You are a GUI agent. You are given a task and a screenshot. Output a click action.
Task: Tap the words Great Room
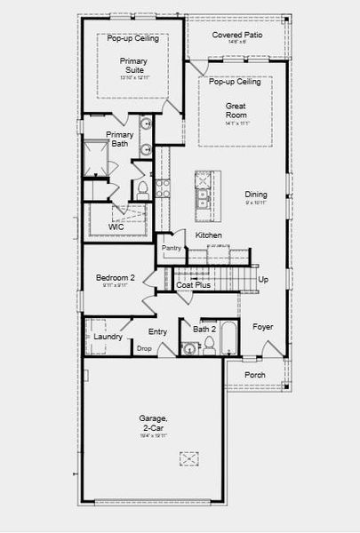click(235, 109)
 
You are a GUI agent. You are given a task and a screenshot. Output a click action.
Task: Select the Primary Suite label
click(133, 66)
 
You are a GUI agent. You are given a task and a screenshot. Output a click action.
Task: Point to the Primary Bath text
click(119, 139)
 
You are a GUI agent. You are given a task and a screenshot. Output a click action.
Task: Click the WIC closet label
click(116, 227)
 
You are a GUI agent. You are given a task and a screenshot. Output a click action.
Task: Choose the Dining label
click(256, 195)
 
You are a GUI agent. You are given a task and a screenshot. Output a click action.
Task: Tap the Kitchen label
click(209, 235)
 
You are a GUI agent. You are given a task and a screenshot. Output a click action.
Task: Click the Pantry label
click(171, 249)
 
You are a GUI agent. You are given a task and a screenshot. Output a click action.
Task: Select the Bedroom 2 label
click(115, 278)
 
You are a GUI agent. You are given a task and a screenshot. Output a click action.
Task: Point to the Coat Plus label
click(193, 285)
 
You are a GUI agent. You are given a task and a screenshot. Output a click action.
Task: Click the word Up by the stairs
click(262, 279)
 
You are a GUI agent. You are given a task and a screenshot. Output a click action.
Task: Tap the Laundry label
click(108, 336)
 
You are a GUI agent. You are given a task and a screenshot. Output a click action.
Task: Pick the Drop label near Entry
click(144, 348)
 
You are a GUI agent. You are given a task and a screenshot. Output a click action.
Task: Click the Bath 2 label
click(204, 329)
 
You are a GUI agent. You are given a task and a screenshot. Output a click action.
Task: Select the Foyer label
click(262, 327)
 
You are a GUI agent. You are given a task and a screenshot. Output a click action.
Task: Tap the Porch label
click(254, 375)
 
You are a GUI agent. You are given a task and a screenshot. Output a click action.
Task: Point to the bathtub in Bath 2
click(228, 338)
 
